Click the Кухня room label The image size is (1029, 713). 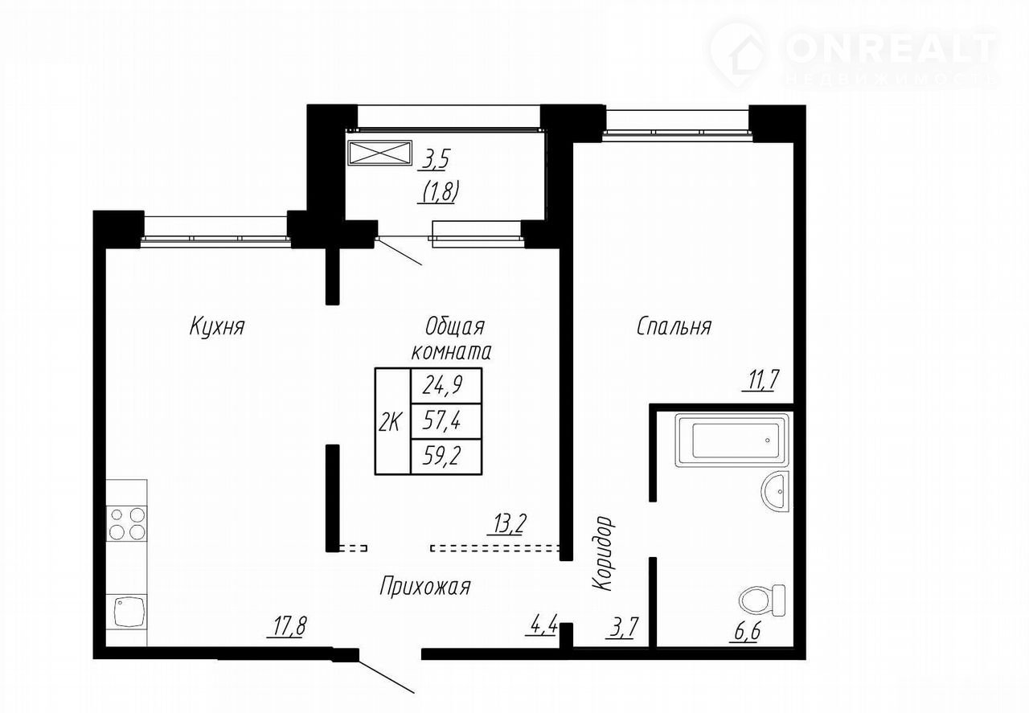tap(217, 326)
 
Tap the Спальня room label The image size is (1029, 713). tap(674, 326)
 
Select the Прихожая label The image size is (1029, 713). tap(425, 588)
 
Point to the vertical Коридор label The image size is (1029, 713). tap(602, 553)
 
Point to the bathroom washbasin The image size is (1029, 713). tap(776, 491)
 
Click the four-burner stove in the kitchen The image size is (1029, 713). tap(127, 524)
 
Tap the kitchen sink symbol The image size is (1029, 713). tap(127, 612)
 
